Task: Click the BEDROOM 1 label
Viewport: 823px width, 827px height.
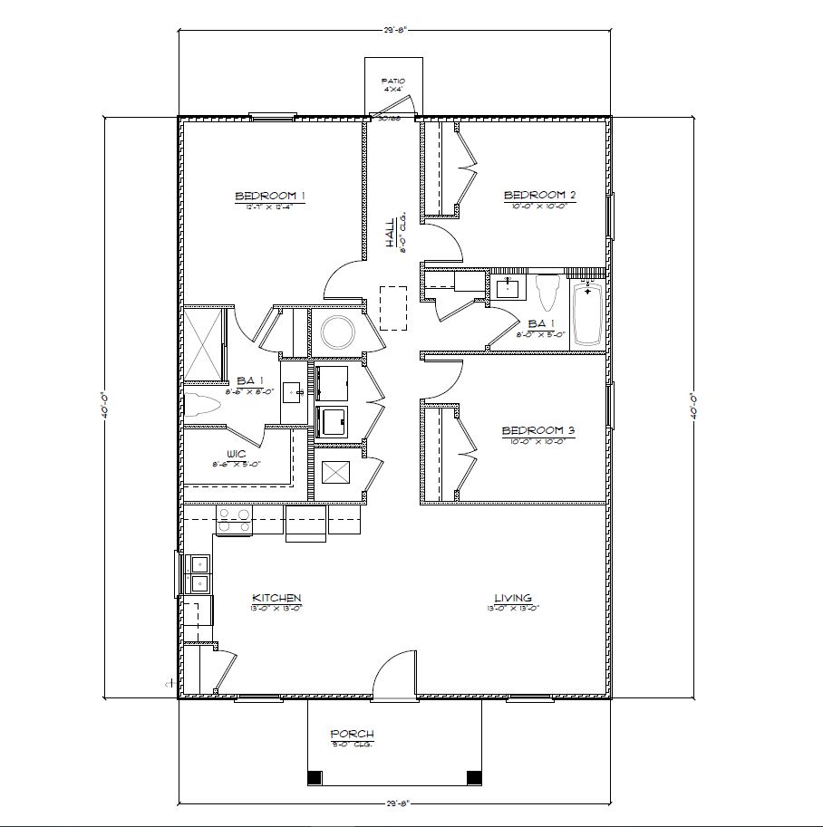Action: point(270,196)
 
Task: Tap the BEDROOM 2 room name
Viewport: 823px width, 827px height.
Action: point(540,195)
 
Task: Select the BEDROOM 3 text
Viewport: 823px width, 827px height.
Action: point(539,430)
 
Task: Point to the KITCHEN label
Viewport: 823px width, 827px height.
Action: point(276,598)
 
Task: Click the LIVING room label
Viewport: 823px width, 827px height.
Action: point(513,598)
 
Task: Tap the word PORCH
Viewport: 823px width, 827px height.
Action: point(353,734)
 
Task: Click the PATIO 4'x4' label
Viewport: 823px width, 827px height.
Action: point(393,85)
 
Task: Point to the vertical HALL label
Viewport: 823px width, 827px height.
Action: point(390,233)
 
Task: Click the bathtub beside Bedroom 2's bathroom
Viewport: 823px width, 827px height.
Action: point(588,313)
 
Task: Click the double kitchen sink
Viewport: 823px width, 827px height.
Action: point(198,572)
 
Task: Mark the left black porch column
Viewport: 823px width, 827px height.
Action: point(315,777)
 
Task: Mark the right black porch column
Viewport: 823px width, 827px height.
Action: point(473,777)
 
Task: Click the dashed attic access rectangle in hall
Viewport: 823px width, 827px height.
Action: point(393,308)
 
